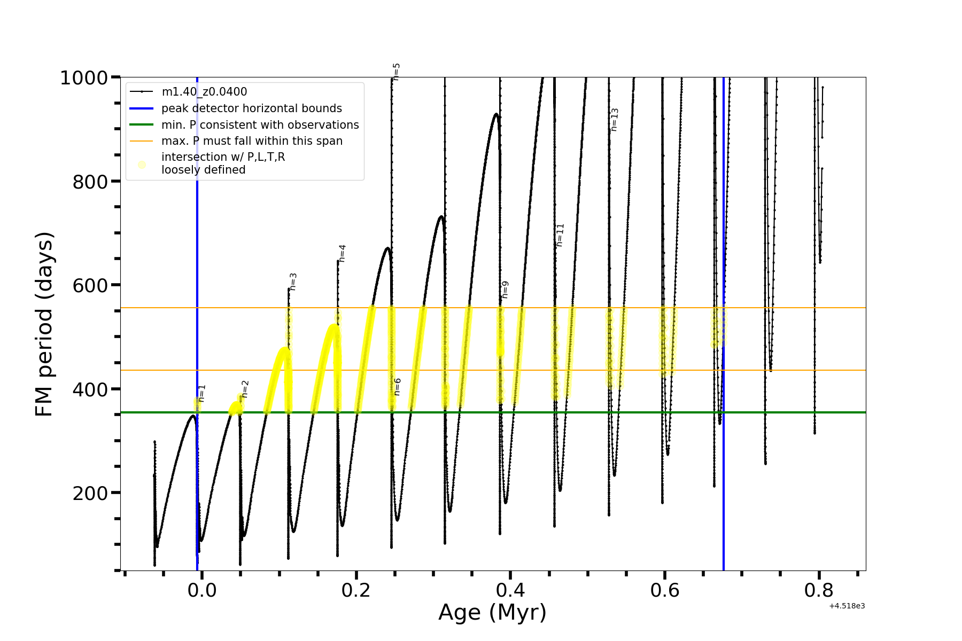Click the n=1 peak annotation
point(201,393)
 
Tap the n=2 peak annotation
point(245,389)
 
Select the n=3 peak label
point(293,282)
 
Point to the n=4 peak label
point(342,253)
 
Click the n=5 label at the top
point(396,72)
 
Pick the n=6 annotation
point(397,387)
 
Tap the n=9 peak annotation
point(505,290)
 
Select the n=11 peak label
point(560,235)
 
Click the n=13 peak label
point(615,120)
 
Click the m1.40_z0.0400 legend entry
point(204,92)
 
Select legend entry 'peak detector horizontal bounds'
point(251,108)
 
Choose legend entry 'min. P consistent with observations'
point(260,125)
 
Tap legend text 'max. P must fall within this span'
point(252,141)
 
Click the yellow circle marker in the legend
point(142,165)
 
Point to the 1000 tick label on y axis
point(84,78)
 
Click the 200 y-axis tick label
point(90,493)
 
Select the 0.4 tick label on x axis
point(510,590)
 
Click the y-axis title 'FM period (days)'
point(44,324)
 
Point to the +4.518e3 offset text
point(847,606)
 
